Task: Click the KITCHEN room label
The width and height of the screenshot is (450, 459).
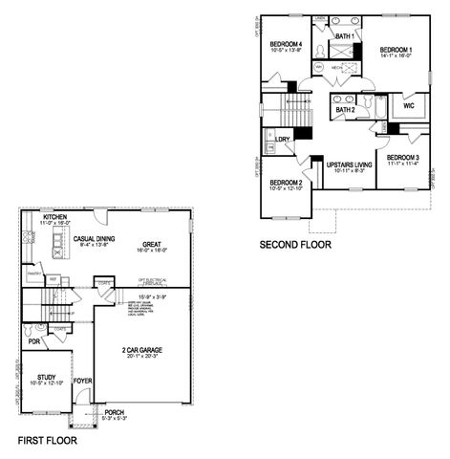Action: tap(54, 218)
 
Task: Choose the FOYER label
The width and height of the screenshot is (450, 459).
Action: tap(83, 380)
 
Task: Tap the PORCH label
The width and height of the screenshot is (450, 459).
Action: tap(114, 412)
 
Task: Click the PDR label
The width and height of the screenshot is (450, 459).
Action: tap(33, 340)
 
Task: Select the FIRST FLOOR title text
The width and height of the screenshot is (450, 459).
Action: tap(47, 442)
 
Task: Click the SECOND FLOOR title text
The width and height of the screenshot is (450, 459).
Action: tap(295, 245)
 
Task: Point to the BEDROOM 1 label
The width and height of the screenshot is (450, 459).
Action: tap(396, 50)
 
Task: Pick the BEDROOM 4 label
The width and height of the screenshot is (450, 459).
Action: tap(286, 45)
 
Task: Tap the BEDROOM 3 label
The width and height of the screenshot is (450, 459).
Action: tap(404, 157)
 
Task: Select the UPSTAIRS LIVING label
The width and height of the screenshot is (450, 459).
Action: tap(348, 164)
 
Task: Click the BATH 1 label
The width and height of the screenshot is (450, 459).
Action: tap(344, 36)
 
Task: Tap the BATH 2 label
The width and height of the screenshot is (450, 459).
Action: tap(345, 110)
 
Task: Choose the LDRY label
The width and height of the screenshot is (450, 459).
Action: tap(282, 140)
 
